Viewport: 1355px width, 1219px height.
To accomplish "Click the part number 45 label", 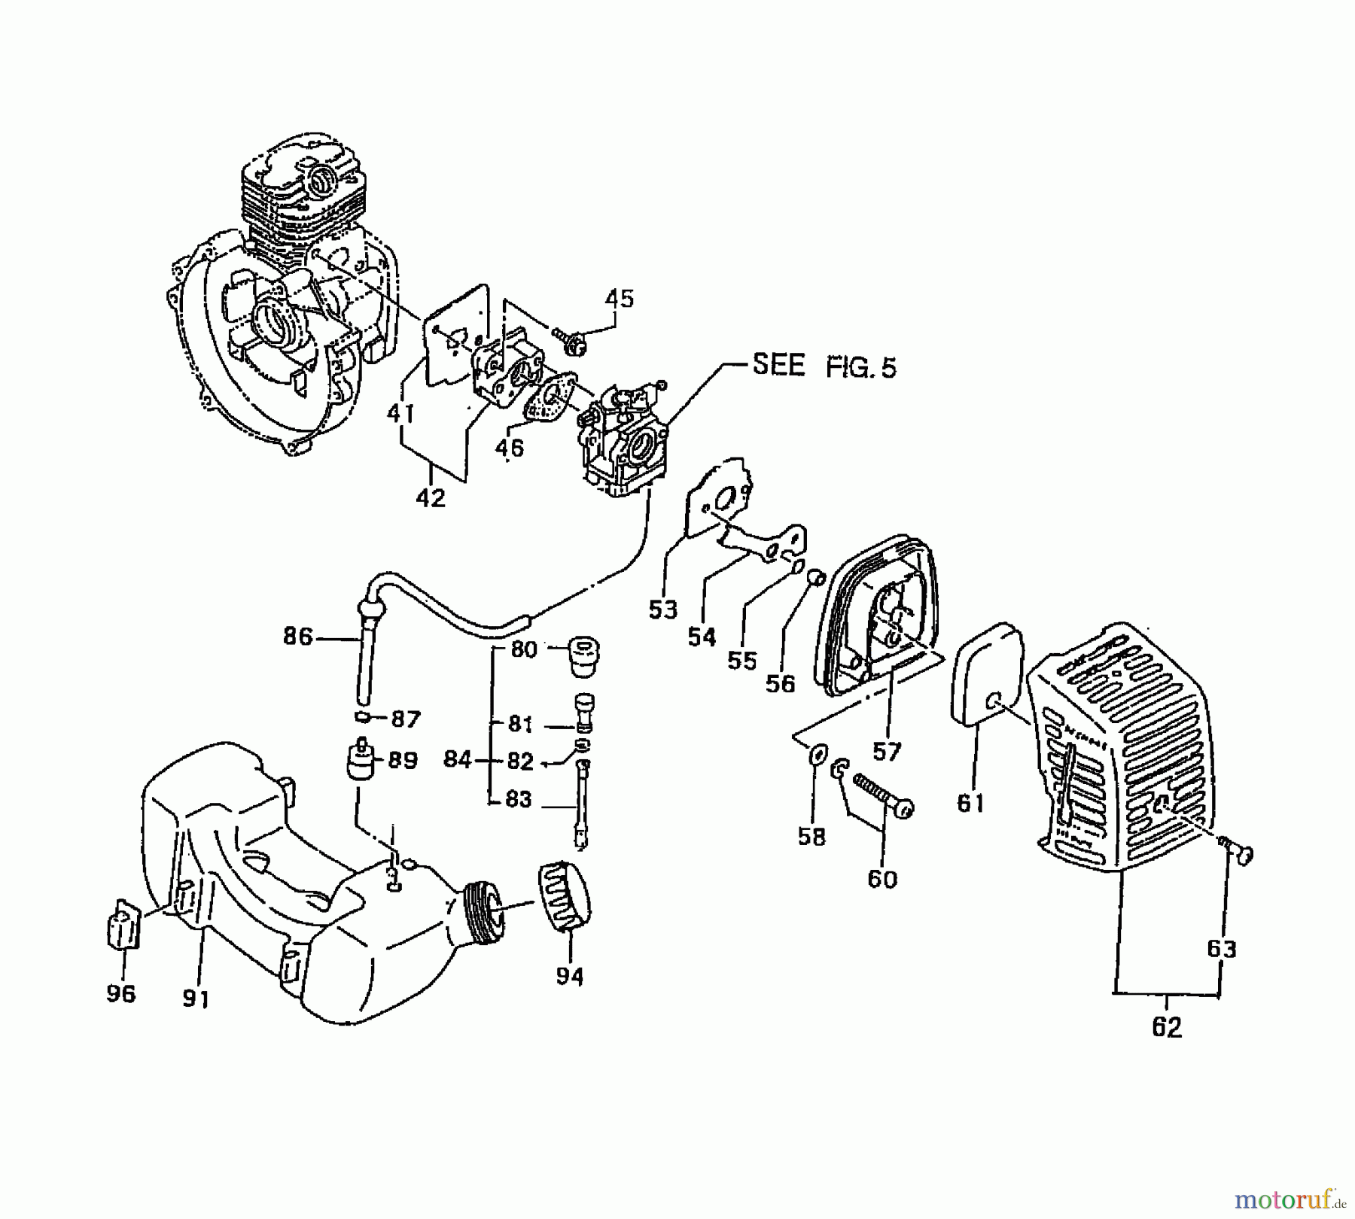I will [x=620, y=299].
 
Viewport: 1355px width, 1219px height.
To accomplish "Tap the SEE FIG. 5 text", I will [x=824, y=367].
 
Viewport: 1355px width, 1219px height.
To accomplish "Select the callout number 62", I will [x=1167, y=1027].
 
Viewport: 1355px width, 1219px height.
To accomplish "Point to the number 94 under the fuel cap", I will [x=570, y=976].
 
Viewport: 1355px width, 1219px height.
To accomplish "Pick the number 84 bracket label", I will [x=456, y=760].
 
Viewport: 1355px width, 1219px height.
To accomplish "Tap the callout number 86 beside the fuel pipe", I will [x=297, y=637].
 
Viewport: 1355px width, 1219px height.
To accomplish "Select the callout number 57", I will [x=887, y=751].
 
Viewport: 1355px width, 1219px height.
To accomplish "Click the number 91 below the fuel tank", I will [x=196, y=998].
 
